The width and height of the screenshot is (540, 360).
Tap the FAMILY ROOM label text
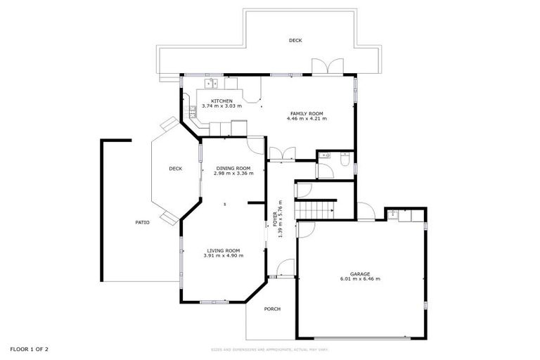[307, 113]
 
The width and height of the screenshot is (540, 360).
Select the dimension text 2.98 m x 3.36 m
[233, 173]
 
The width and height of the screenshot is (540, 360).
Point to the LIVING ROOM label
[223, 250]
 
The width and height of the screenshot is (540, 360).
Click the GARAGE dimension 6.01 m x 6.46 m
[360, 279]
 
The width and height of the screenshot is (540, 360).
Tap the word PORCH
[272, 309]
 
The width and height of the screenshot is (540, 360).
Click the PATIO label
[142, 222]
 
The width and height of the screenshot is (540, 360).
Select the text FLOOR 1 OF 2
[29, 349]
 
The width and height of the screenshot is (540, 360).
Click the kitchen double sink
[212, 83]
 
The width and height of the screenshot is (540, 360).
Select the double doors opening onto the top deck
[327, 67]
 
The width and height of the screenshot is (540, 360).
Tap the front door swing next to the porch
[285, 268]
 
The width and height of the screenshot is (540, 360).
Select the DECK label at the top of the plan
[295, 41]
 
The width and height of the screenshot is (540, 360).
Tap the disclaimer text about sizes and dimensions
[270, 349]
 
